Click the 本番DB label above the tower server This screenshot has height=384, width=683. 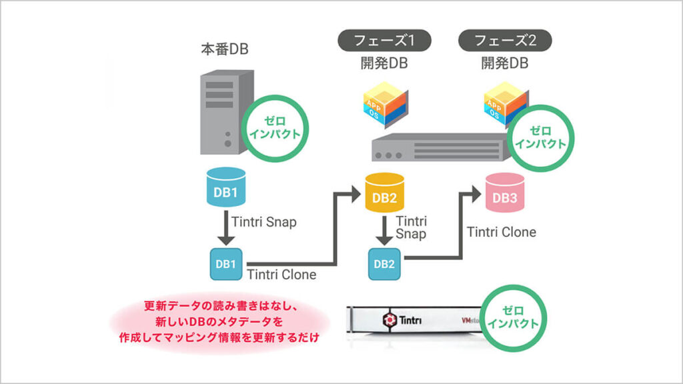click(225, 50)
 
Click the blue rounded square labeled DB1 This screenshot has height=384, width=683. click(225, 263)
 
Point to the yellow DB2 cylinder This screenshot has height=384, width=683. click(385, 191)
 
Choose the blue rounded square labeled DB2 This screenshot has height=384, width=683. click(384, 263)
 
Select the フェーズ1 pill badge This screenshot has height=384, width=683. click(384, 40)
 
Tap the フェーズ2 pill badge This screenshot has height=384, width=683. click(505, 40)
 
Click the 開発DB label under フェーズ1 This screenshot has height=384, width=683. click(384, 63)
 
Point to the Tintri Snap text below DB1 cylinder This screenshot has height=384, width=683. click(264, 222)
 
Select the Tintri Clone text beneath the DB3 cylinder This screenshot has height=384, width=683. click(502, 232)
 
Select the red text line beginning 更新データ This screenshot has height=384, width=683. click(219, 307)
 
